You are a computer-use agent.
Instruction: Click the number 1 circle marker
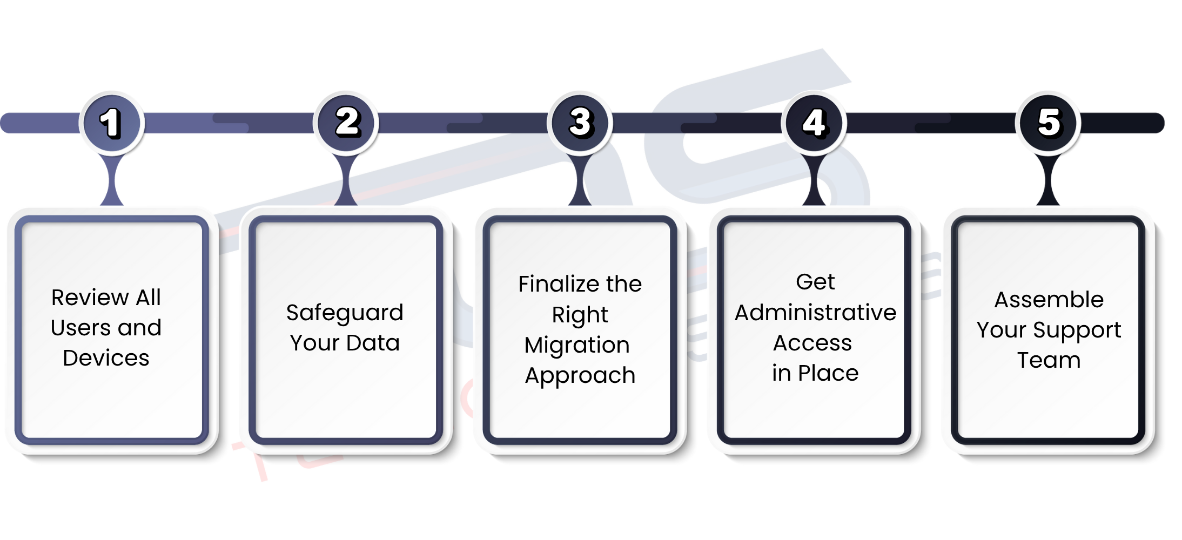coord(111,123)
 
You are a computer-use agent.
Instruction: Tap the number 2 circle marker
coord(346,123)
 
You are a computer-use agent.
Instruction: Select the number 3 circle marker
coord(580,123)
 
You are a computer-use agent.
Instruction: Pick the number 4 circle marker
coord(814,123)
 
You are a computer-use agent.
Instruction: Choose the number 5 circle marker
coord(1048,123)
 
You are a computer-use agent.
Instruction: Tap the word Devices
coord(106,359)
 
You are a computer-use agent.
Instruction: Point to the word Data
coord(373,343)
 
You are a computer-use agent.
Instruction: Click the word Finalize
coord(559,284)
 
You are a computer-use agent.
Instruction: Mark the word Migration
coord(577,345)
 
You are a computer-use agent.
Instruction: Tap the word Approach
coord(580,376)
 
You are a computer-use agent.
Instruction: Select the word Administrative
coord(815,313)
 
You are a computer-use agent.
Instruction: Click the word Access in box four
coord(812,343)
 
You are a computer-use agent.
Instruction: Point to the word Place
coord(828,373)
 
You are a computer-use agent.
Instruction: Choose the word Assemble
coord(1049,300)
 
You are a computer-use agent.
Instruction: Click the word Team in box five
coord(1049,360)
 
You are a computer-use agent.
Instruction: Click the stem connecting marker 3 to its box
coord(580,181)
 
